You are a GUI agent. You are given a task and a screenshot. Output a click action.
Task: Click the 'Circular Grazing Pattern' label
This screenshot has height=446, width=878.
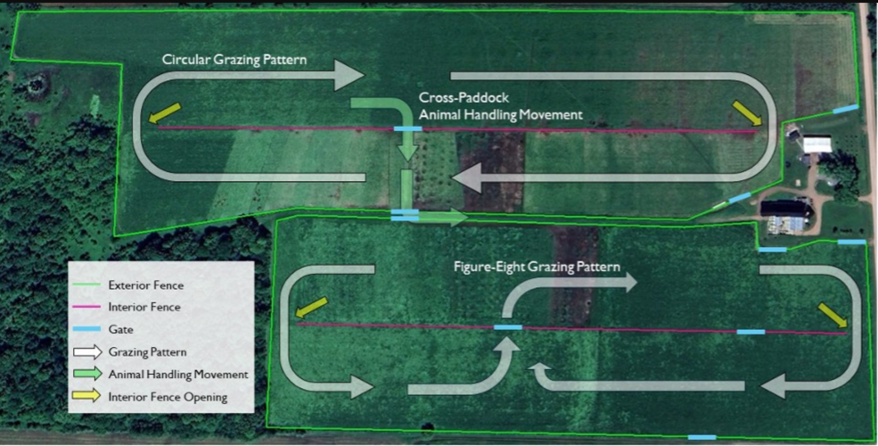[x=234, y=60]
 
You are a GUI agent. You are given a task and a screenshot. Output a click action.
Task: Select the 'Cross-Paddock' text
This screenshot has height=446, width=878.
[x=464, y=97]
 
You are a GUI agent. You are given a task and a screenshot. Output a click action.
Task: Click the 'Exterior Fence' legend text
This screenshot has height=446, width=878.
[x=145, y=285]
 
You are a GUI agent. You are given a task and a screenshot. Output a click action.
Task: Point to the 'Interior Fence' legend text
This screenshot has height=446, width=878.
[x=144, y=307]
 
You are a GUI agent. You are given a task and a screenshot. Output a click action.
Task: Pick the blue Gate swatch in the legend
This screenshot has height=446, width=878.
[x=86, y=329]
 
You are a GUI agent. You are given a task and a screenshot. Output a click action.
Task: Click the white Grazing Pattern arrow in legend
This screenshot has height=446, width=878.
[x=86, y=351]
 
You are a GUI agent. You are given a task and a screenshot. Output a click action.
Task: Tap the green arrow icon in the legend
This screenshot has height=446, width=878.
[x=86, y=374]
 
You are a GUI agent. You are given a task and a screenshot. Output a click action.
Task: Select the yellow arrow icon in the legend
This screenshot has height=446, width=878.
[x=86, y=397]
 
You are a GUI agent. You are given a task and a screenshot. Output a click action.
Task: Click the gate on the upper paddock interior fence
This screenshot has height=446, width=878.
[x=407, y=128]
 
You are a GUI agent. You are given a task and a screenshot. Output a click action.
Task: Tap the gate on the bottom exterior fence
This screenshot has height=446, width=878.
[x=702, y=437]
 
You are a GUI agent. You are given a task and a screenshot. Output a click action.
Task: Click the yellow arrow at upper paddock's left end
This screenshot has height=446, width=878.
[x=165, y=112]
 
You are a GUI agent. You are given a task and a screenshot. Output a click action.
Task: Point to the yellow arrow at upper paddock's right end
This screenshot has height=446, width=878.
[x=748, y=113]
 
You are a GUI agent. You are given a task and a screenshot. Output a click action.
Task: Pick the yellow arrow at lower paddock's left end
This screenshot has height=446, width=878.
[x=311, y=307]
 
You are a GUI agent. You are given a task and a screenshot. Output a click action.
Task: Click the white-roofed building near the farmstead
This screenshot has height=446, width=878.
[x=817, y=144]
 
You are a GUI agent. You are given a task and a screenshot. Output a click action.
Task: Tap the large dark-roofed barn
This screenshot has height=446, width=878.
[x=786, y=209]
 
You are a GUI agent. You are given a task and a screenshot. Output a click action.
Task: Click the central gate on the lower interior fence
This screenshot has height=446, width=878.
[x=508, y=327]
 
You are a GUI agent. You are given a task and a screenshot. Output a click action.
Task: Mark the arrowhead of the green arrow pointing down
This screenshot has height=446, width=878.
[x=407, y=151]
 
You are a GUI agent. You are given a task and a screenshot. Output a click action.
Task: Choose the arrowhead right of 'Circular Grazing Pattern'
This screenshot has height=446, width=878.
[x=350, y=75]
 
